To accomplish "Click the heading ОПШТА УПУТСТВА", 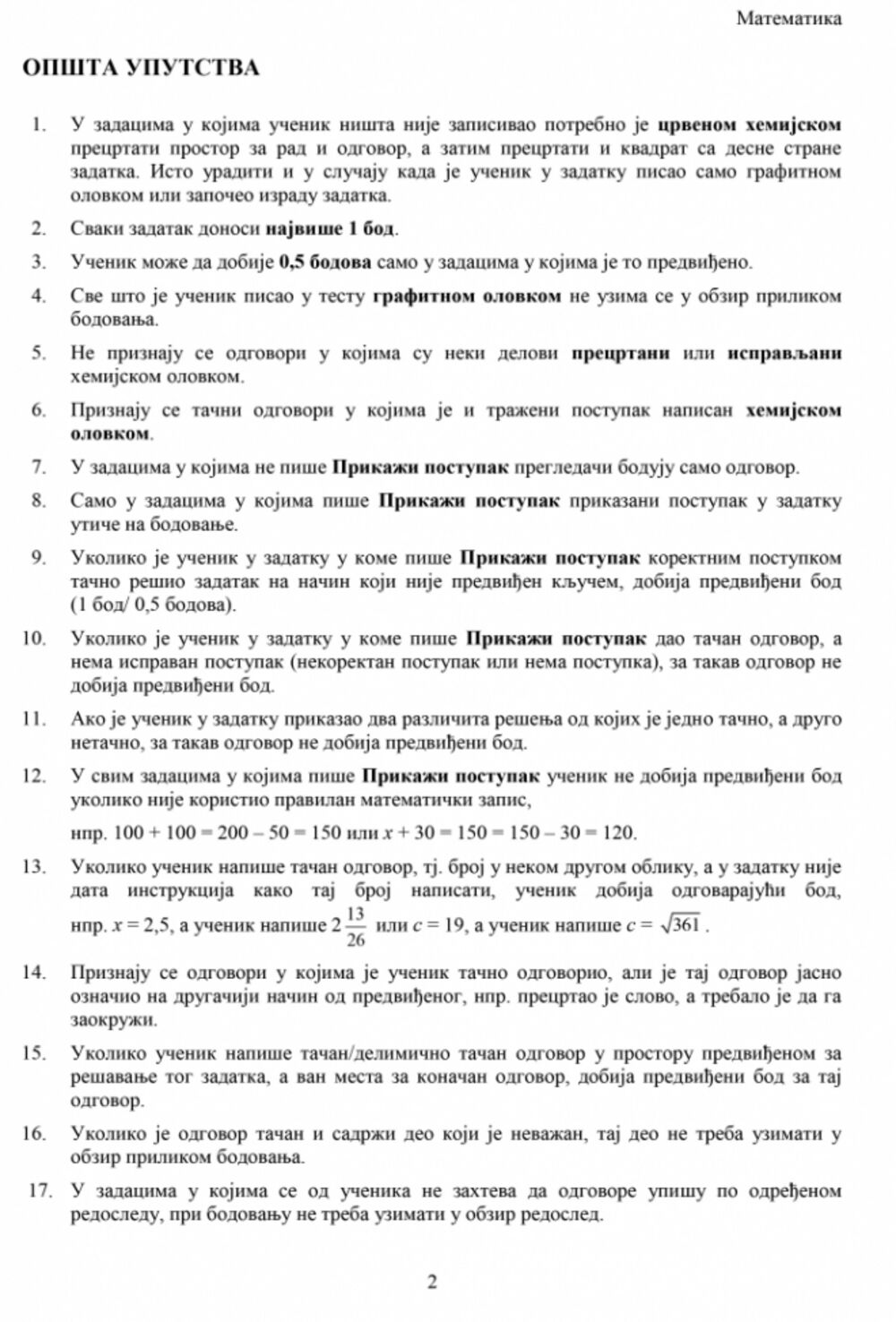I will coord(141,69).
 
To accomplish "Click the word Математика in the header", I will coord(788,19).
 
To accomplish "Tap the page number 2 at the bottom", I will coord(432,1283).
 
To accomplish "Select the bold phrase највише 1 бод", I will coord(330,227).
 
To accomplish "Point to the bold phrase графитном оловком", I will coord(467,296).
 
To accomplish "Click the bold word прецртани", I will coord(621,353).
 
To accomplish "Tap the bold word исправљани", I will coord(784,353).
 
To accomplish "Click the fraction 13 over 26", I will coord(355,925).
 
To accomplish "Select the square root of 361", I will coord(682,925).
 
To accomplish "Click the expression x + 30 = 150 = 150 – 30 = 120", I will coord(511,833).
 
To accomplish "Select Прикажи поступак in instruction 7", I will coord(421,467).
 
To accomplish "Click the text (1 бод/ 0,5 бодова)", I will coord(153,605).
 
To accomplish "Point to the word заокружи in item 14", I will coord(113,1020).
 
